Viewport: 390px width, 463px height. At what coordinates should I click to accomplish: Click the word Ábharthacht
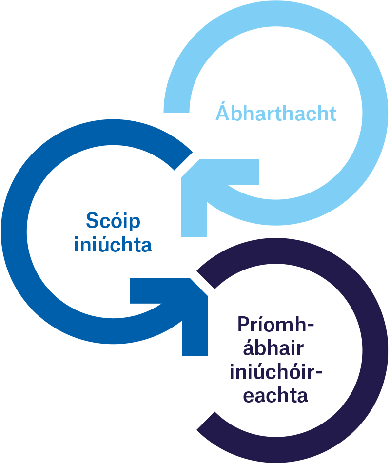(x=276, y=113)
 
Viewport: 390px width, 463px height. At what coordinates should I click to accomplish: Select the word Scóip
(x=113, y=221)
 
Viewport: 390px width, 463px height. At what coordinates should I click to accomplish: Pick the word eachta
(x=275, y=395)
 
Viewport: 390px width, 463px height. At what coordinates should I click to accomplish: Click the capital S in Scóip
(x=92, y=221)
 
